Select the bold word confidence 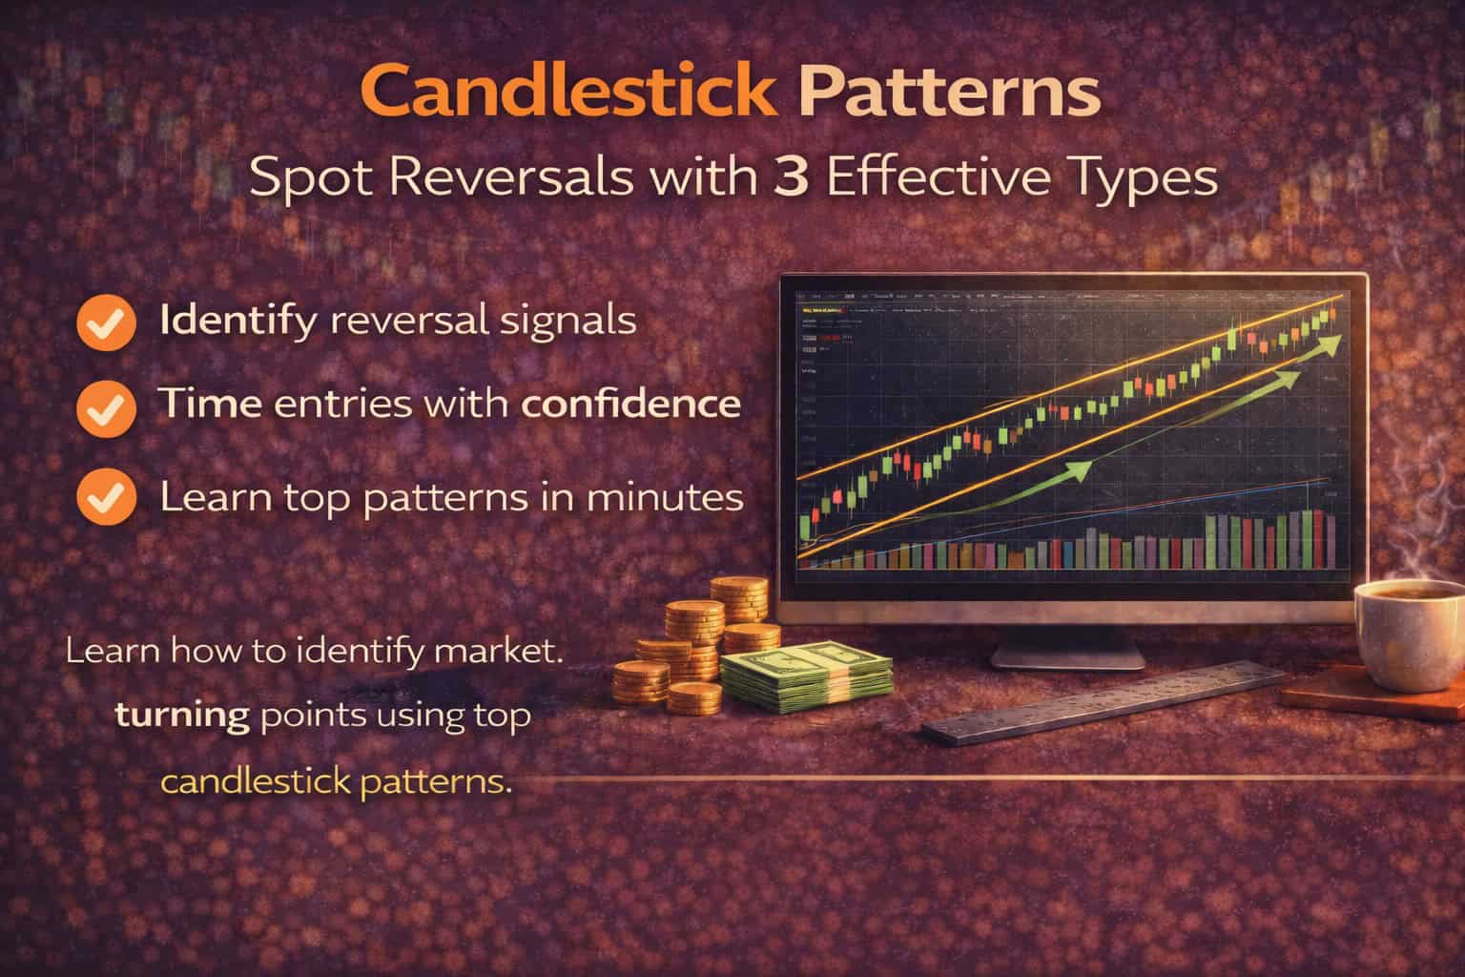click(630, 404)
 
